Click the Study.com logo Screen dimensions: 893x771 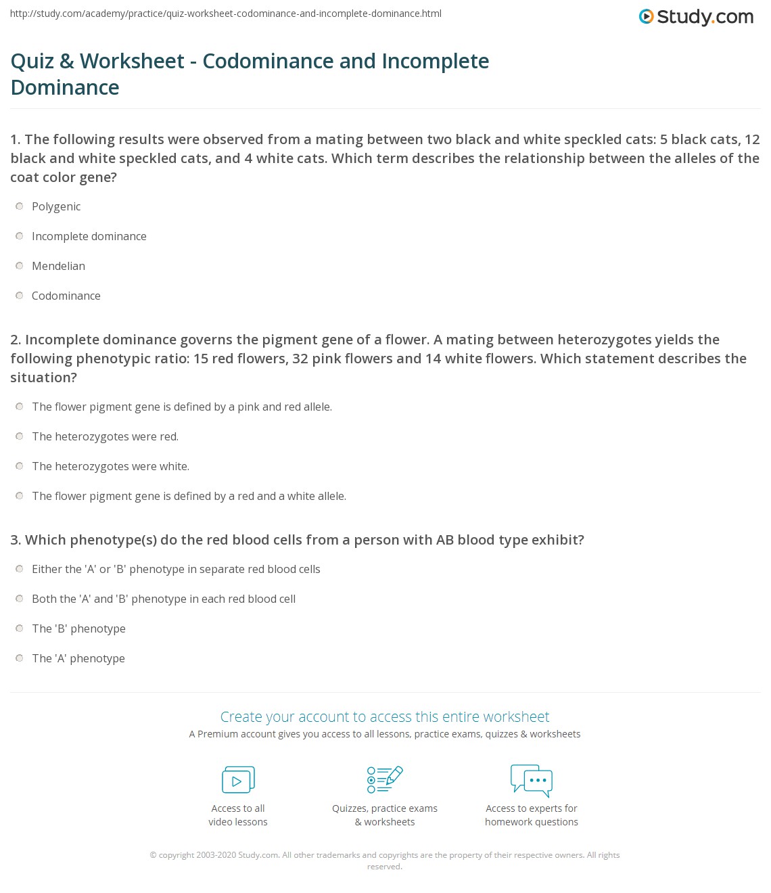point(696,17)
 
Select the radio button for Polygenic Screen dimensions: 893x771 point(20,206)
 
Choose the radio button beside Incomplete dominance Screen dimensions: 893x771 point(20,236)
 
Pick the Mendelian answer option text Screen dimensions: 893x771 point(58,266)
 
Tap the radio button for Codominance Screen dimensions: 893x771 point(20,296)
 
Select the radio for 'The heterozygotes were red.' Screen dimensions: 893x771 point(20,436)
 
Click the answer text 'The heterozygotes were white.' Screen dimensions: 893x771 point(110,466)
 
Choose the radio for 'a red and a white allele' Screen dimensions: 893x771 point(20,496)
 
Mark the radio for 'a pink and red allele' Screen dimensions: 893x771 point(20,407)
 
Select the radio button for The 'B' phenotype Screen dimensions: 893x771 point(20,628)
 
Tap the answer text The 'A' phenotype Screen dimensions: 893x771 point(78,658)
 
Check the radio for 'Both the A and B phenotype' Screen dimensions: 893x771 point(20,599)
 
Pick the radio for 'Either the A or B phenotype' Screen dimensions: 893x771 point(20,569)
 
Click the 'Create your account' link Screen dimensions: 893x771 point(384,716)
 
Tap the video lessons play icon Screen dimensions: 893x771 point(238,779)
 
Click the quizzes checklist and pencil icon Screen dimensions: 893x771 point(385,779)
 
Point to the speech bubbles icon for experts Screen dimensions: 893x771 point(532,779)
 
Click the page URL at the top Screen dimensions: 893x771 point(226,14)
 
